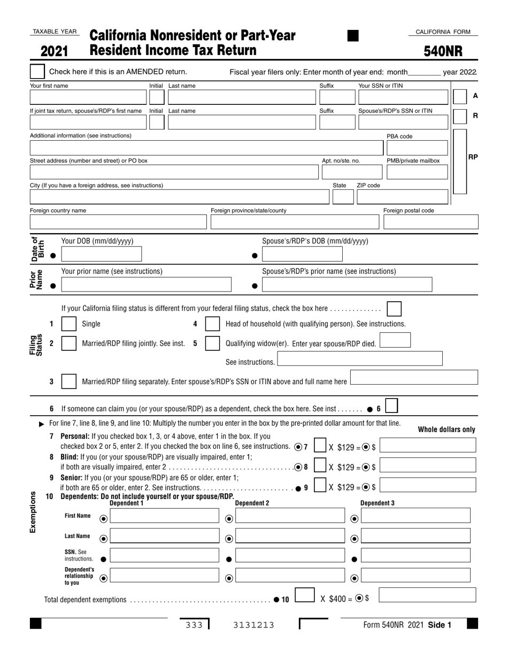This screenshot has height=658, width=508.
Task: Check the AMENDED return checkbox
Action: [37, 72]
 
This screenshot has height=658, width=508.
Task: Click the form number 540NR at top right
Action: [443, 51]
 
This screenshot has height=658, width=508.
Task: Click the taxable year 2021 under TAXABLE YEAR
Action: [55, 51]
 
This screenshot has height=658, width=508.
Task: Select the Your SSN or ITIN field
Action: [403, 97]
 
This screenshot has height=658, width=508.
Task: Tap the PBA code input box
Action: [417, 148]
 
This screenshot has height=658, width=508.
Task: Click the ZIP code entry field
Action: [402, 197]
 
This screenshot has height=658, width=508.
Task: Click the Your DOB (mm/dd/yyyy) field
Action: [102, 254]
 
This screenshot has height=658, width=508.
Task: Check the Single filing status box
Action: [69, 324]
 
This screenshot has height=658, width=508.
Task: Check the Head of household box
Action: [212, 324]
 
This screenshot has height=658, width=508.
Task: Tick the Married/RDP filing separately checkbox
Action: [69, 381]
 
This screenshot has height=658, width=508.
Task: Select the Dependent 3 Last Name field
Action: [415, 536]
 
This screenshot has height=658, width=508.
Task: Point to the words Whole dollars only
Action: [446, 430]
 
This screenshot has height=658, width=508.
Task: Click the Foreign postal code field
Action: [430, 221]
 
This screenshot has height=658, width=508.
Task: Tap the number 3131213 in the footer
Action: [253, 625]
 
